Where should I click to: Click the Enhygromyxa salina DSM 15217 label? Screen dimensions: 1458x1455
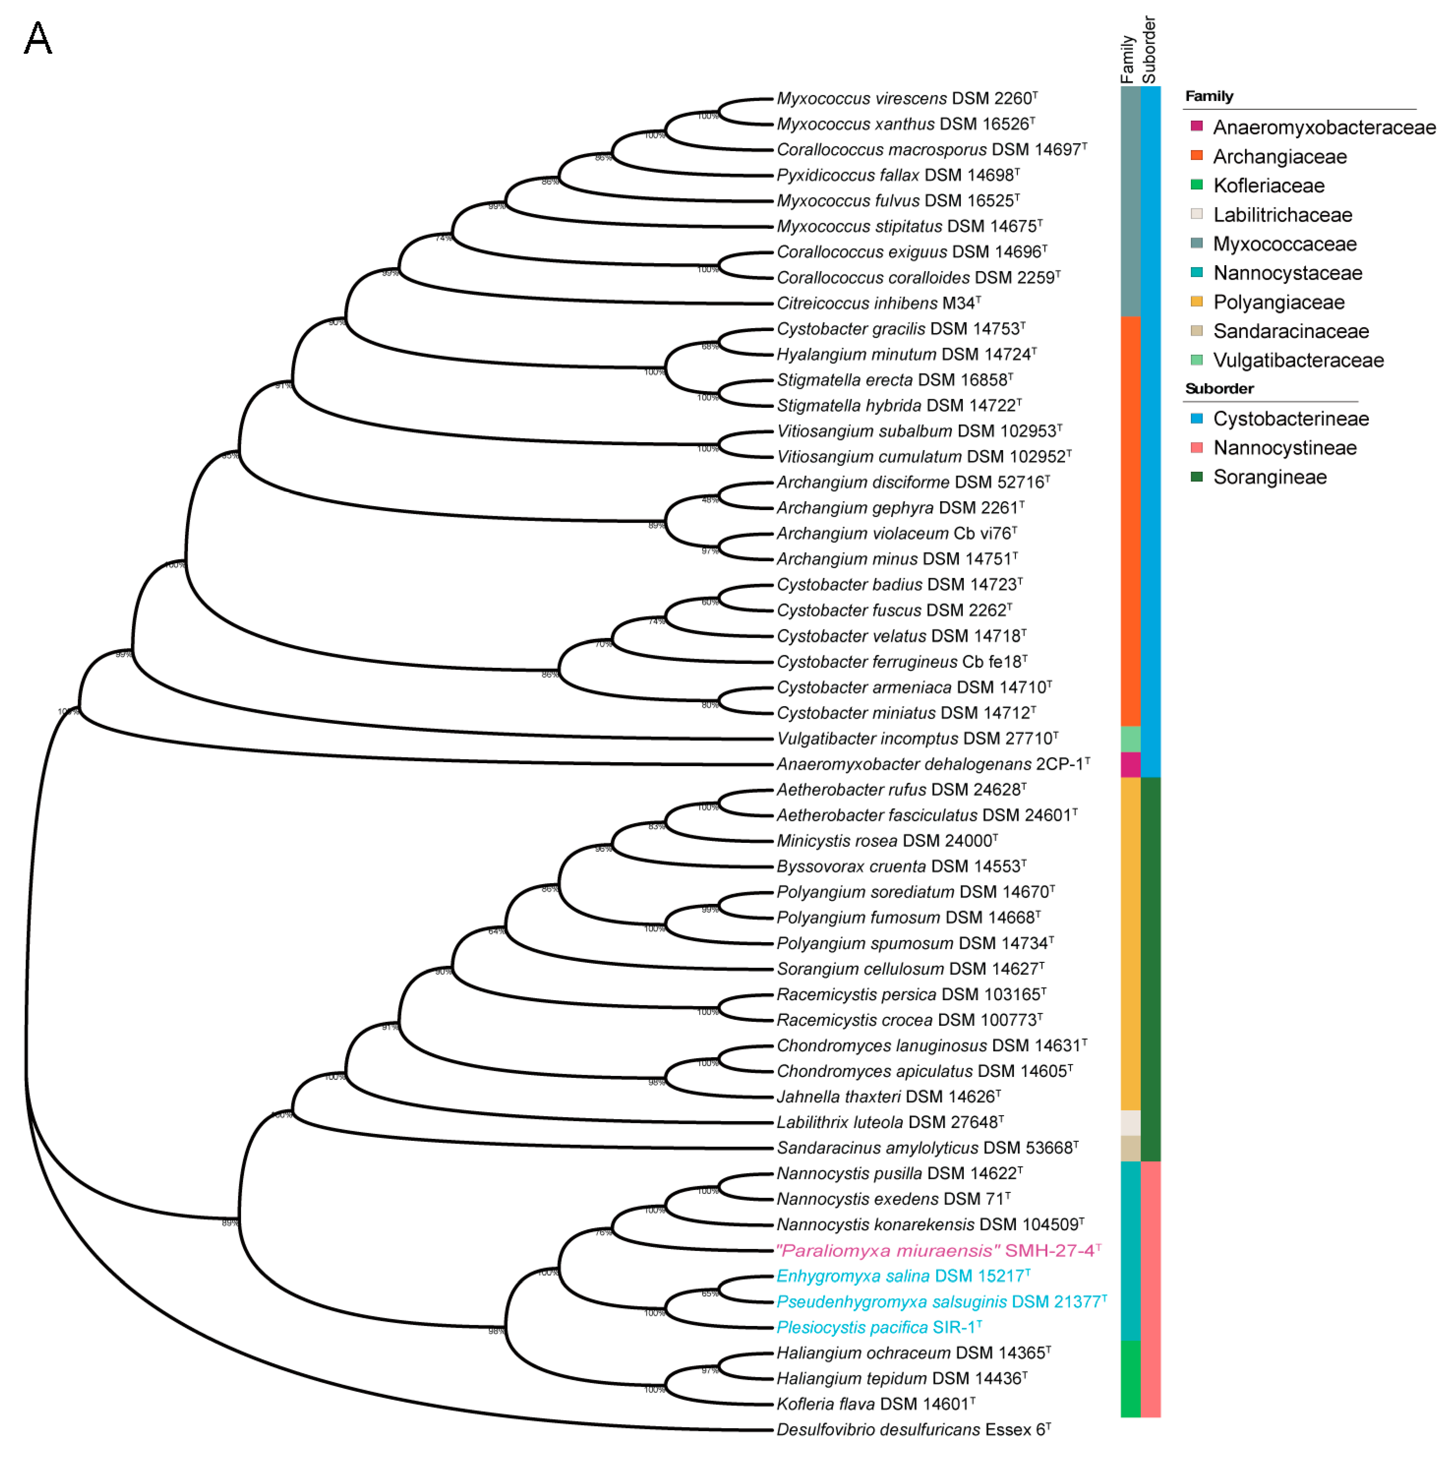click(903, 1276)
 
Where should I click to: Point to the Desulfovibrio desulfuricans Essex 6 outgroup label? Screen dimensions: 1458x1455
click(913, 1429)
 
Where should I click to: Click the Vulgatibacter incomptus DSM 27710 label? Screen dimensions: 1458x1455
click(917, 739)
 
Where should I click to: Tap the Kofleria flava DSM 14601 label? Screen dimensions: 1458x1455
click(875, 1404)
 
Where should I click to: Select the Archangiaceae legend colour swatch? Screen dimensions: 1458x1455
click(1196, 155)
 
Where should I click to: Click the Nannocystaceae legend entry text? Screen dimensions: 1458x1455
click(1287, 273)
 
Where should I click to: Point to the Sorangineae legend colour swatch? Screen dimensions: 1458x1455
click(1196, 476)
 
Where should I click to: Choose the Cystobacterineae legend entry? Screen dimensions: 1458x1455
click(1290, 419)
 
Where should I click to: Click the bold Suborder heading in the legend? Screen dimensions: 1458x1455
click(1219, 389)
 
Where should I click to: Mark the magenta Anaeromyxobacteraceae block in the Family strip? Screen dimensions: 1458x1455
click(1130, 765)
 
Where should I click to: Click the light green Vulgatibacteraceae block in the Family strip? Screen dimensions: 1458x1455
click(1130, 739)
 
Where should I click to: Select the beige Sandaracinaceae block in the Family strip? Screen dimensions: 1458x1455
click(1130, 1148)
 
